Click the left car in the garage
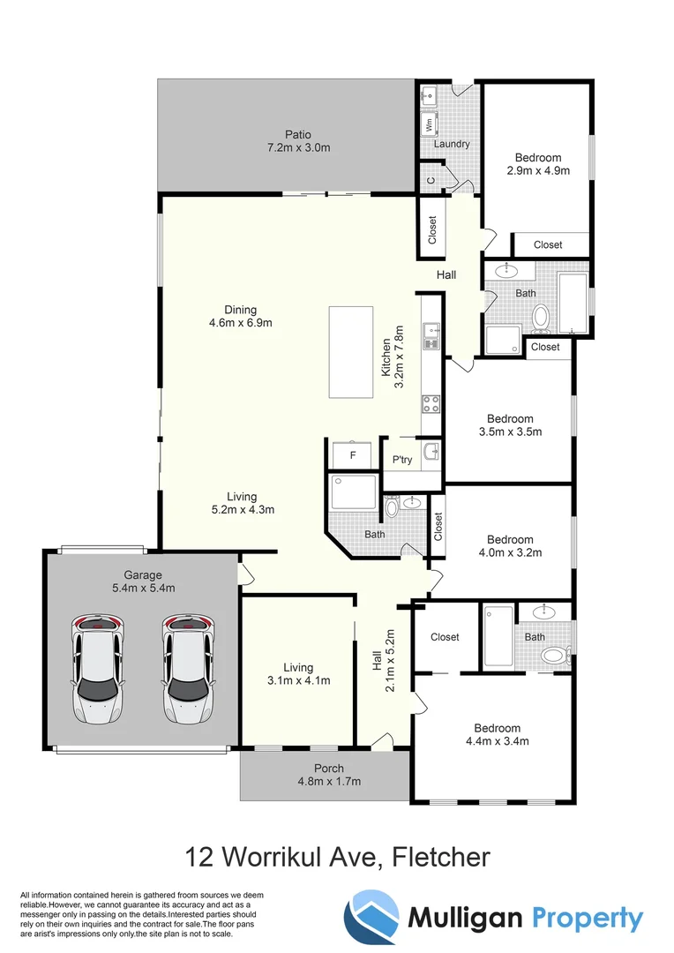point(98,669)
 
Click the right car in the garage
point(188,669)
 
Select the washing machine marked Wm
point(430,124)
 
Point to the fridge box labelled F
point(353,456)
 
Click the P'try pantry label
point(402,460)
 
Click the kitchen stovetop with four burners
point(431,404)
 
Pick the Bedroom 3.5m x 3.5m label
point(510,425)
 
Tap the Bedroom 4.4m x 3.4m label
point(497,734)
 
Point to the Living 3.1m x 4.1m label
point(299,674)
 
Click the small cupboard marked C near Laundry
point(431,179)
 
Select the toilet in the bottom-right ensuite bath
point(554,655)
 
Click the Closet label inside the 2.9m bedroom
point(548,244)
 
